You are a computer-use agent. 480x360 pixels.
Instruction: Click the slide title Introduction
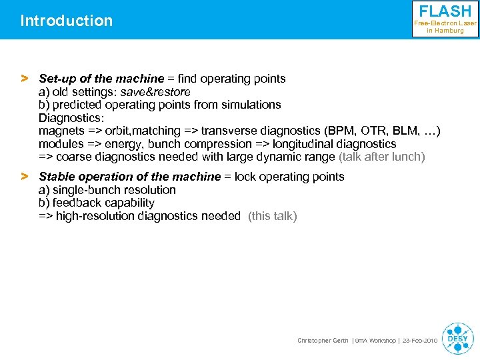pos(67,21)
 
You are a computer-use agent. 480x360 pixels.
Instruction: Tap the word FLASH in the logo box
pos(445,12)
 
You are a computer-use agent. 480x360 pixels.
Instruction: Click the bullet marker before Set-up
pos(25,79)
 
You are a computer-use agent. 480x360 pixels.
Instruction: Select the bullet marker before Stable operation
pos(25,177)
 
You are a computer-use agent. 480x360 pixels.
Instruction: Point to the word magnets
pos(61,131)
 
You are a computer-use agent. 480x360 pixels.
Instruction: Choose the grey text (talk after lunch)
pos(381,157)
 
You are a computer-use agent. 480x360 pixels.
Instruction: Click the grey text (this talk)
pos(272,216)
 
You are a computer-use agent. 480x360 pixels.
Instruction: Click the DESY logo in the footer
pos(458,337)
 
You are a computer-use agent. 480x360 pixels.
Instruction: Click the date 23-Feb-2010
pos(420,341)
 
